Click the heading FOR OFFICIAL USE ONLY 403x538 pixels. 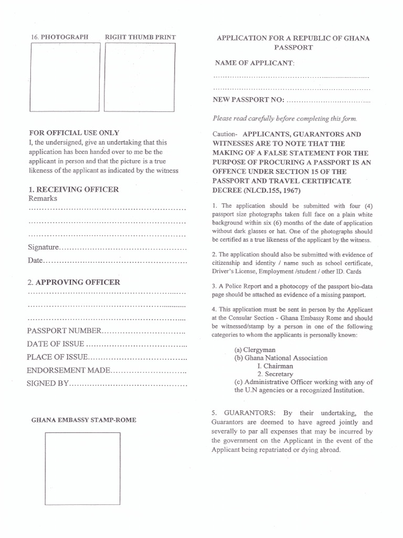pos(74,133)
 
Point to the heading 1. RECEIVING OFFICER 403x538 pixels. pos(73,189)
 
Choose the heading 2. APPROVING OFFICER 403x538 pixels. pos(73,282)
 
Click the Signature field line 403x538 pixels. pos(123,247)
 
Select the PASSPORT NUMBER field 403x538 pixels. pos(143,331)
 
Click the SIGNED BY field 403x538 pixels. pos(128,384)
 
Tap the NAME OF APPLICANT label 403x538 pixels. pos(254,63)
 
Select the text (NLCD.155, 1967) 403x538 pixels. pos(270,191)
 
